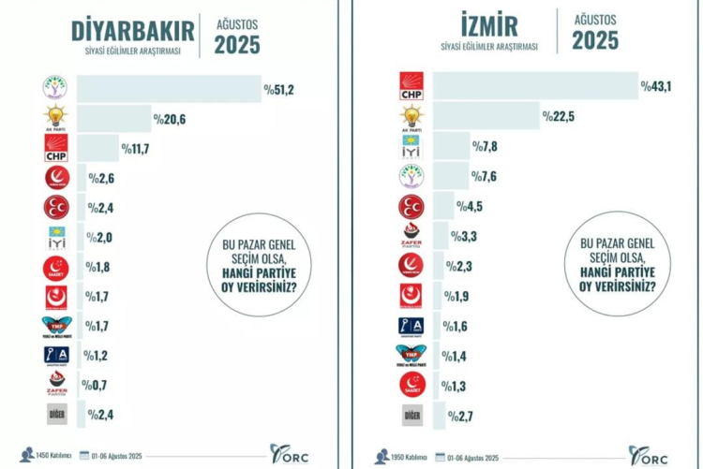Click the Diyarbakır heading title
click(133, 30)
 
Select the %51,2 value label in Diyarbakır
click(279, 90)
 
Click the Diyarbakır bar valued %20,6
click(113, 119)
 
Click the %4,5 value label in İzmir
click(470, 207)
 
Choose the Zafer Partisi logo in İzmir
click(412, 238)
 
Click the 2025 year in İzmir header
click(595, 39)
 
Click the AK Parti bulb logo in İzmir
click(412, 116)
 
